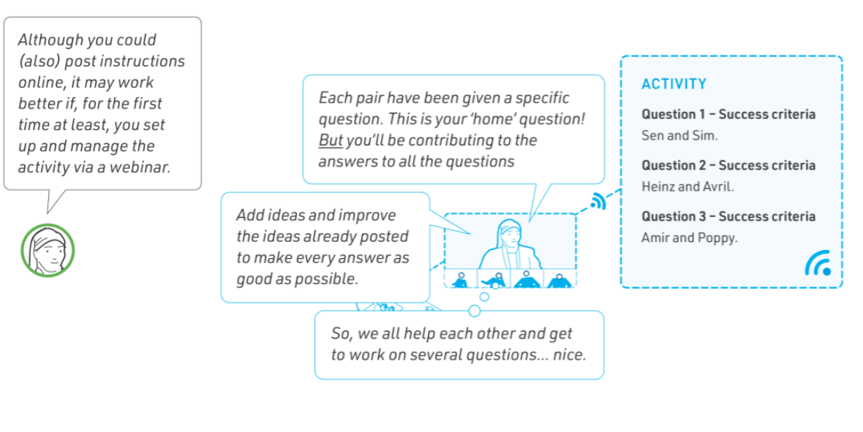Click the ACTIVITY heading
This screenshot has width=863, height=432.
click(x=674, y=83)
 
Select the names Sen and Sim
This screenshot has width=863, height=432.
click(x=679, y=135)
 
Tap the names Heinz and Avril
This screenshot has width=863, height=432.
click(x=687, y=186)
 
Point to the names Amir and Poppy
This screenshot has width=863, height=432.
click(x=689, y=238)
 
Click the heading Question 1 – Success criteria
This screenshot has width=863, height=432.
click(x=728, y=115)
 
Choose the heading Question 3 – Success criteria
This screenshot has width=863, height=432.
click(x=728, y=216)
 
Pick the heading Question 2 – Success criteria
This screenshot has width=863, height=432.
click(x=728, y=165)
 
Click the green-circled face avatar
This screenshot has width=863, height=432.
click(x=48, y=251)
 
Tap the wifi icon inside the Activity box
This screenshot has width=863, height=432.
click(x=818, y=263)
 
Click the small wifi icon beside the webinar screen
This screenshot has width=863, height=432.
click(x=598, y=202)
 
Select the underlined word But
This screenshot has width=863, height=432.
click(x=331, y=140)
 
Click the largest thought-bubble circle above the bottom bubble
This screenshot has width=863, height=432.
click(x=474, y=311)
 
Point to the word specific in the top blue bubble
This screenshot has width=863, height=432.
click(x=542, y=98)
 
